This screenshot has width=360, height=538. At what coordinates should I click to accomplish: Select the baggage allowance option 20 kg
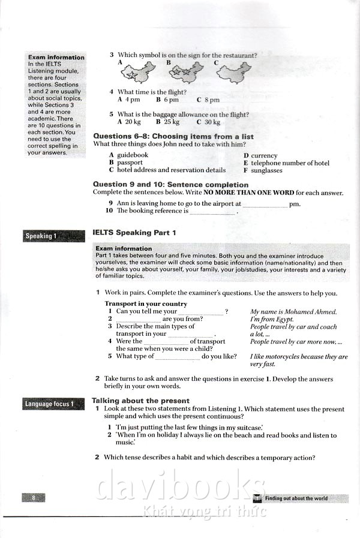coord(129,122)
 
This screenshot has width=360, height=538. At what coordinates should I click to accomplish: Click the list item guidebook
coord(132,155)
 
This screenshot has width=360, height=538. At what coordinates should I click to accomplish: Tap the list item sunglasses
coord(266,170)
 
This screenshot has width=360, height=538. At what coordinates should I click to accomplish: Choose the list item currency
coord(264,155)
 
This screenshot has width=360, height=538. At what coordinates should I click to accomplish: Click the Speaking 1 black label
coord(53,236)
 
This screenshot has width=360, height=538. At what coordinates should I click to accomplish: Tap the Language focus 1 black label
coord(53,404)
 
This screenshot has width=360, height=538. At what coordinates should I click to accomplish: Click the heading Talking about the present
coord(140,401)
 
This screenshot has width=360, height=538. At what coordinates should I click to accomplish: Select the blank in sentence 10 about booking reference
coord(213,212)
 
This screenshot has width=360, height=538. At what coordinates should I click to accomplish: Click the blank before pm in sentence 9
coord(265,205)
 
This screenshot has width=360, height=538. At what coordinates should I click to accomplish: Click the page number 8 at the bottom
coord(34,498)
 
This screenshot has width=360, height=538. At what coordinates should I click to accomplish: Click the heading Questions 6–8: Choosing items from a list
coord(173,137)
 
